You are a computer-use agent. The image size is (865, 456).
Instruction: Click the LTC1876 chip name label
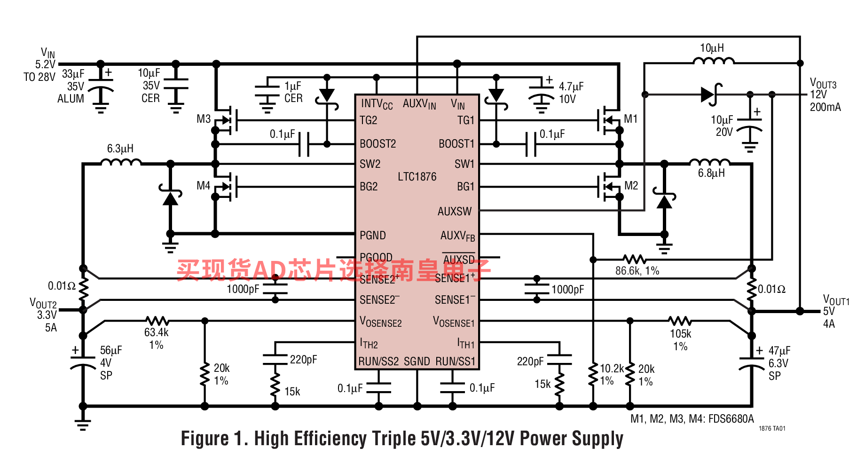coord(417,177)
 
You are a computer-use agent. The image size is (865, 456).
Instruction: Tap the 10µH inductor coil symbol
coord(714,60)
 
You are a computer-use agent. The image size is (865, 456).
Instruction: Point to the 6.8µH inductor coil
coord(709,163)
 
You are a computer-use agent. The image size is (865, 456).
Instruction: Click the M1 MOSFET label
coord(631,119)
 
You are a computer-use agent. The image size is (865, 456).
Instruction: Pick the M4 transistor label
coord(203,186)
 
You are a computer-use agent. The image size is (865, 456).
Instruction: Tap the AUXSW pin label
coord(454,212)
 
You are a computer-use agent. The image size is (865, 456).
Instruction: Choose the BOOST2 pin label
coord(377,144)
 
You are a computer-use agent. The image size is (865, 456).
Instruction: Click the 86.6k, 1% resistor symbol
coord(634,259)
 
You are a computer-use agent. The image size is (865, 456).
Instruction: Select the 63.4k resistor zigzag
coord(157,321)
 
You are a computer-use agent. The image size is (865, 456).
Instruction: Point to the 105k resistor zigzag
coord(680,321)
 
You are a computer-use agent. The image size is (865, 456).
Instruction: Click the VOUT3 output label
coord(823,85)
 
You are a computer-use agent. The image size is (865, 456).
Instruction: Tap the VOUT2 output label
coord(43,303)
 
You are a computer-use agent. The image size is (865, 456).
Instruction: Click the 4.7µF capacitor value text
coord(571,86)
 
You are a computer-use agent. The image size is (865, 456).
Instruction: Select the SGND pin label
coord(417,362)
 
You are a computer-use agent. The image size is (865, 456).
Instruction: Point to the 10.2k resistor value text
coord(611,369)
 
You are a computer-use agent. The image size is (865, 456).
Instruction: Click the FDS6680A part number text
coord(731,419)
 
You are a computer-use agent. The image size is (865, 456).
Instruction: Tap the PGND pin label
coord(372,236)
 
